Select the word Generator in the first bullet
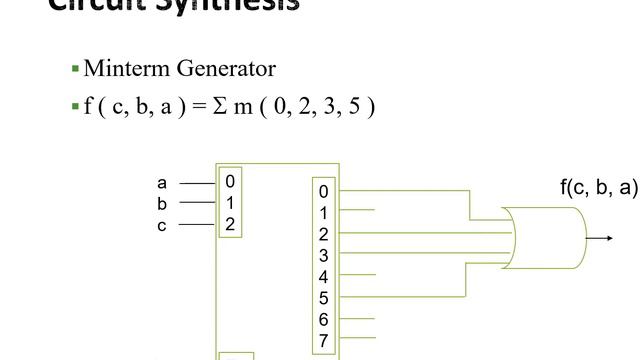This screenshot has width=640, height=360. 226,69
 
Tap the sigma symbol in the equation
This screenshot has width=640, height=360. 222,105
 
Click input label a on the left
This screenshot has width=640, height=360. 162,183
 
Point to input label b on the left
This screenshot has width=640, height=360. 162,204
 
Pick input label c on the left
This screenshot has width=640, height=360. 162,225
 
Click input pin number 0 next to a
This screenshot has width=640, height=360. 230,182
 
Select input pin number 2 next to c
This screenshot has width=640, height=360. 230,224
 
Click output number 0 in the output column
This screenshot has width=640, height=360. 323,192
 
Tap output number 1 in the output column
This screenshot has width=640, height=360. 323,213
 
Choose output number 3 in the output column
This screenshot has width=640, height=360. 323,255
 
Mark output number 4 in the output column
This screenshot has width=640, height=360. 323,277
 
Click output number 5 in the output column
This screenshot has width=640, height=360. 323,298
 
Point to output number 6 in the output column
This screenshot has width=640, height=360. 323,319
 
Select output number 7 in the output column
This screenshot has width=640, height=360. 323,341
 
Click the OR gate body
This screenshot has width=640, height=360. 548,238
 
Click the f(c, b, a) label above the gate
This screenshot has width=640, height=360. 598,187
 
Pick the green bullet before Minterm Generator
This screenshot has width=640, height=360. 75,69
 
